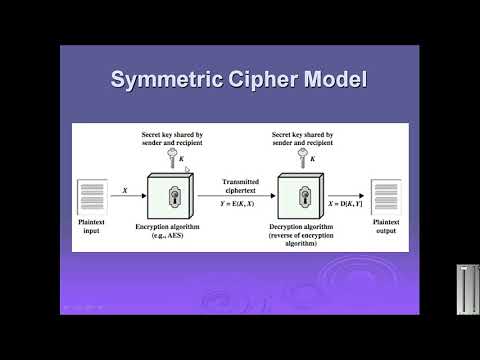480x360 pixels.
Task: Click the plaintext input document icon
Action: click(x=92, y=197)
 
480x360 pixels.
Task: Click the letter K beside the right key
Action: click(x=313, y=158)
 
